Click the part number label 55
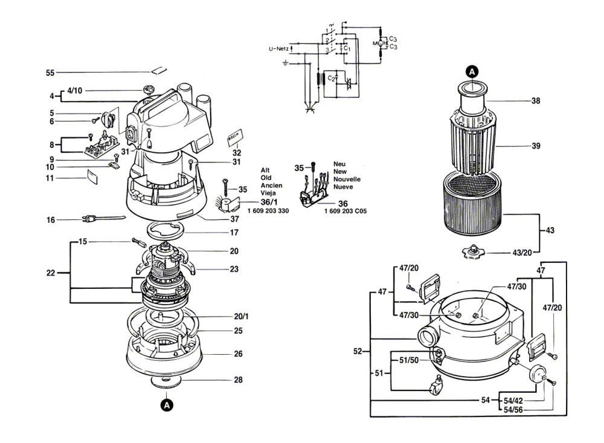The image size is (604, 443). (50, 73)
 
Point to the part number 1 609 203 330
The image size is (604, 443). (268, 211)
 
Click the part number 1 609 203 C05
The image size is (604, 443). (345, 211)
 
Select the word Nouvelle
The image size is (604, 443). (347, 179)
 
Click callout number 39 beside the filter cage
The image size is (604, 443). (536, 146)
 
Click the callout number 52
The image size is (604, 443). (358, 351)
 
